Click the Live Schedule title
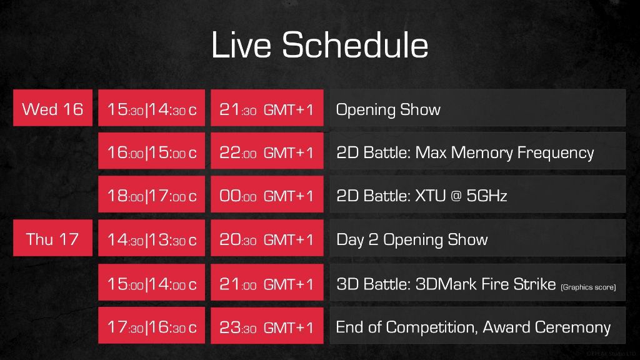coord(319,45)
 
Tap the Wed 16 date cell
coord(52,107)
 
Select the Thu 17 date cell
coord(52,238)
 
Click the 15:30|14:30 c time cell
coord(151,107)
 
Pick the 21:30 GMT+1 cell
coord(267,107)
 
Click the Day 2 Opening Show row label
coord(412,239)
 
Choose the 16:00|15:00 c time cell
coord(151,151)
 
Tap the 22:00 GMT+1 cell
coord(267,151)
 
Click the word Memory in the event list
coord(482,153)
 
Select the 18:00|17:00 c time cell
coord(151,194)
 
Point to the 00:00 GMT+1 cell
coord(267,194)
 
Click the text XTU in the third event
coord(431,196)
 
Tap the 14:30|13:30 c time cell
coord(151,238)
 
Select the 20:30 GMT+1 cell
coord(267,238)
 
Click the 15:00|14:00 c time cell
coord(151,282)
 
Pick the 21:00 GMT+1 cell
coord(267,282)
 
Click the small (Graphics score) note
coord(588,287)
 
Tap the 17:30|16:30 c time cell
coord(151,325)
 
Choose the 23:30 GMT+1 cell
coord(267,325)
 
